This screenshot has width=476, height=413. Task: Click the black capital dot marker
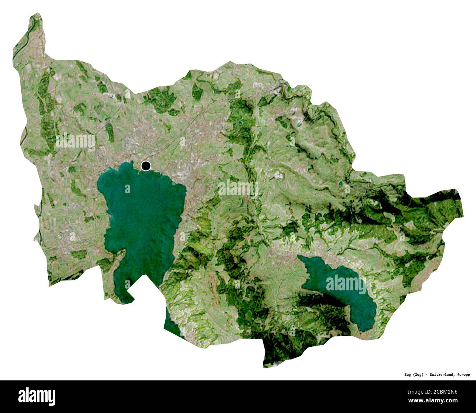click(146, 166)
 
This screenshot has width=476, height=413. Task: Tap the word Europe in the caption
click(463, 374)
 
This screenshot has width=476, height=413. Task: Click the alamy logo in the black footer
click(37, 396)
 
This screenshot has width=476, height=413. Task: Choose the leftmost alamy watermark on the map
click(75, 141)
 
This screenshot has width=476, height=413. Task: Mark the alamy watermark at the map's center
click(238, 188)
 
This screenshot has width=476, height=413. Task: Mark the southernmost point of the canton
click(265, 366)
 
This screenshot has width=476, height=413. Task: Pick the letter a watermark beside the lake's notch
click(127, 284)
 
